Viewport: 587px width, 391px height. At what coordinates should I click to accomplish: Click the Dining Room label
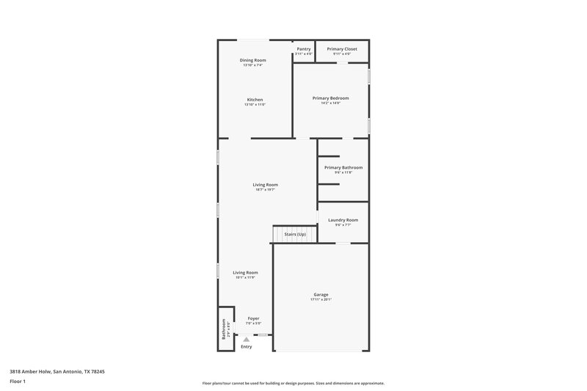click(253, 60)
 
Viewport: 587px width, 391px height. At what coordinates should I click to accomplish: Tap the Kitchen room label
click(255, 100)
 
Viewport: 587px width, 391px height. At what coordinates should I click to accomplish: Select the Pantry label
click(303, 49)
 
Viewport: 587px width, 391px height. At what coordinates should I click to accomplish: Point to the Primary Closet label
click(342, 49)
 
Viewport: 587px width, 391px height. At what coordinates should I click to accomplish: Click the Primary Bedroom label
click(330, 98)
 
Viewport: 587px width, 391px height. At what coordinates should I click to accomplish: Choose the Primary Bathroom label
click(343, 167)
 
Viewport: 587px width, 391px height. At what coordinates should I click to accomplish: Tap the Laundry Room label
click(343, 220)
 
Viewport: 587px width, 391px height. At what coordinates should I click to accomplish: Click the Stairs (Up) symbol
click(295, 234)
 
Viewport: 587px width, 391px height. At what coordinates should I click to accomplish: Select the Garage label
click(321, 295)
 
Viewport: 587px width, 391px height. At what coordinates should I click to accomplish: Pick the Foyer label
click(253, 318)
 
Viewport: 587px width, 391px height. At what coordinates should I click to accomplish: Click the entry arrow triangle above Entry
click(247, 339)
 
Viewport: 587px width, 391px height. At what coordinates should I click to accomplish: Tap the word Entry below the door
click(247, 346)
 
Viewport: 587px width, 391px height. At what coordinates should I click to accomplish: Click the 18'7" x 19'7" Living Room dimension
click(265, 190)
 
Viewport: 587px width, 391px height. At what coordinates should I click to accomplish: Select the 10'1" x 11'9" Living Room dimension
click(245, 277)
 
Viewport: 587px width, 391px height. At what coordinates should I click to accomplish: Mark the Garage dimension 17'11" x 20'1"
click(321, 300)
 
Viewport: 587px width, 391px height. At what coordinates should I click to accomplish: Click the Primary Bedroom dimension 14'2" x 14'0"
click(330, 103)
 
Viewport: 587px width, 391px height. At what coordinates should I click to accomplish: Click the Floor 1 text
click(18, 382)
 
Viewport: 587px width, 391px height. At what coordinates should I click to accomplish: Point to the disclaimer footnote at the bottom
click(293, 383)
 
